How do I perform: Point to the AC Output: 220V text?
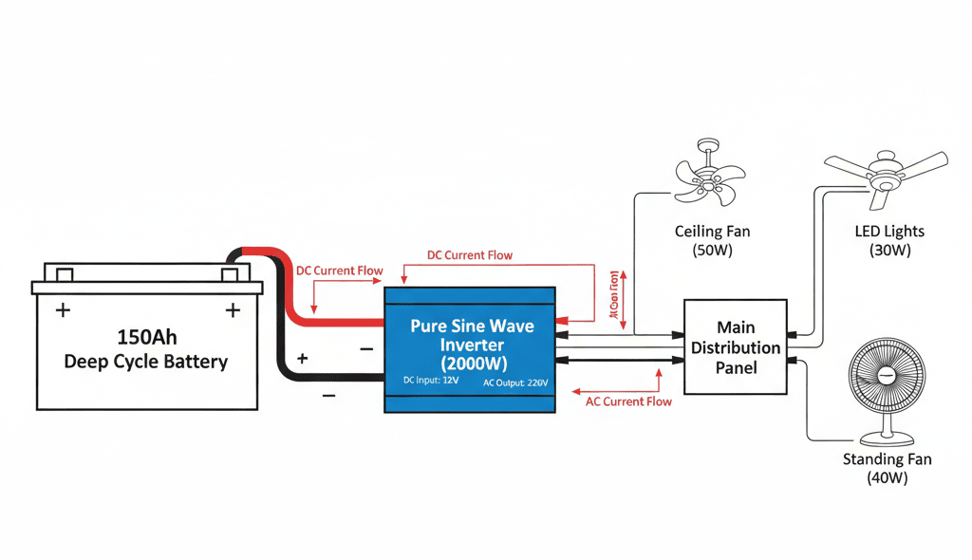514,382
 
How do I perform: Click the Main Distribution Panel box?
736,346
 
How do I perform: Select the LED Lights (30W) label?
889,241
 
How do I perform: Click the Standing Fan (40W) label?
887,469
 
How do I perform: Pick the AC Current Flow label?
628,401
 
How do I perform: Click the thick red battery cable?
294,294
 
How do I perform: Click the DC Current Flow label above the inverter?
470,255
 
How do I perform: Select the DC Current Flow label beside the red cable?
340,271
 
